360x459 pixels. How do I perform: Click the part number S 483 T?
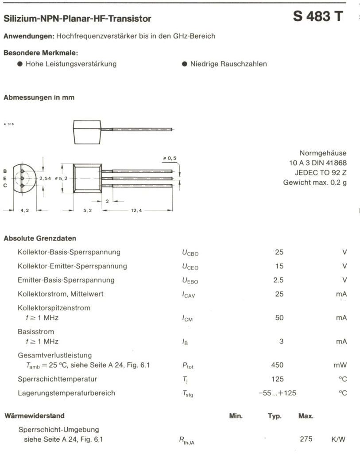click(x=317, y=17)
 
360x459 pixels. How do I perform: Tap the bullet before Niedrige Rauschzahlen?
click(x=185, y=64)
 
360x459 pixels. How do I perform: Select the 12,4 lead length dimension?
click(x=136, y=210)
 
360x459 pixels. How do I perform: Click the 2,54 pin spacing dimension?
click(x=46, y=178)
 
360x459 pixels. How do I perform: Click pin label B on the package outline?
click(x=5, y=171)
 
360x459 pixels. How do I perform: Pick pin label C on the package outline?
click(x=5, y=185)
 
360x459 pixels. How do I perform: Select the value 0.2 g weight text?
click(x=337, y=182)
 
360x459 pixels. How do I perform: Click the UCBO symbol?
click(x=190, y=253)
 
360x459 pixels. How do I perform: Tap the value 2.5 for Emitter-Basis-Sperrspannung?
click(x=279, y=280)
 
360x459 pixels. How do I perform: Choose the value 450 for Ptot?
click(x=277, y=365)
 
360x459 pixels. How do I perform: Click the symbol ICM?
click(x=187, y=318)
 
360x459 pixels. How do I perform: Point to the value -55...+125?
click(x=277, y=393)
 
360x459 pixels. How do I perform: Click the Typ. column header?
click(x=275, y=416)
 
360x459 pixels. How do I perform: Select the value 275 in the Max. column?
click(x=306, y=439)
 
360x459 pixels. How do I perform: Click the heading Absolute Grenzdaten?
click(x=40, y=238)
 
